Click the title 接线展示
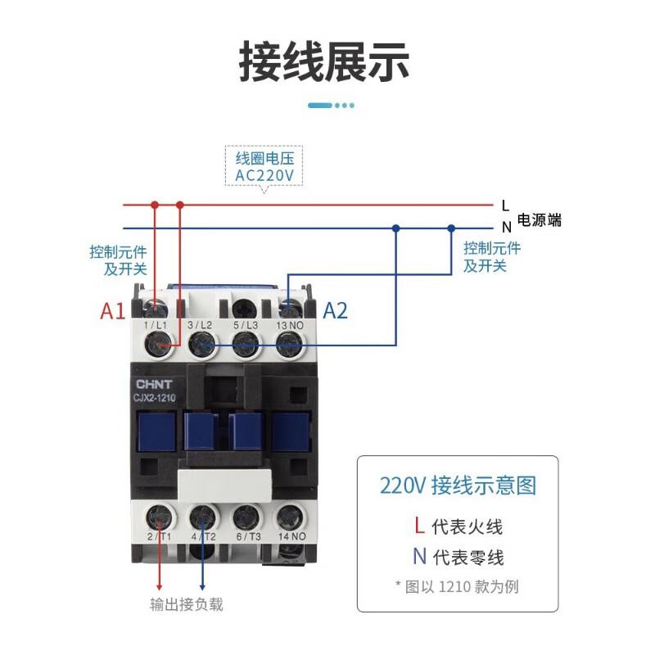coord(325,61)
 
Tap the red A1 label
coord(112,311)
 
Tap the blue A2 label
coord(336,311)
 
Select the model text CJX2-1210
coord(155,397)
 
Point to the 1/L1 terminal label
coord(156,326)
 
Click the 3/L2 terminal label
coord(200,326)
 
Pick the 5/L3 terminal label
coord(245,326)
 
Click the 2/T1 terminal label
coord(157,537)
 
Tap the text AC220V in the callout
coord(264,175)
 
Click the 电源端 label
coord(539,220)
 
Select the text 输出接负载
coord(187,605)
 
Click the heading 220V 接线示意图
coord(458,486)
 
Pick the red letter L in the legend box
coord(419,525)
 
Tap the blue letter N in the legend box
coord(419,558)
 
